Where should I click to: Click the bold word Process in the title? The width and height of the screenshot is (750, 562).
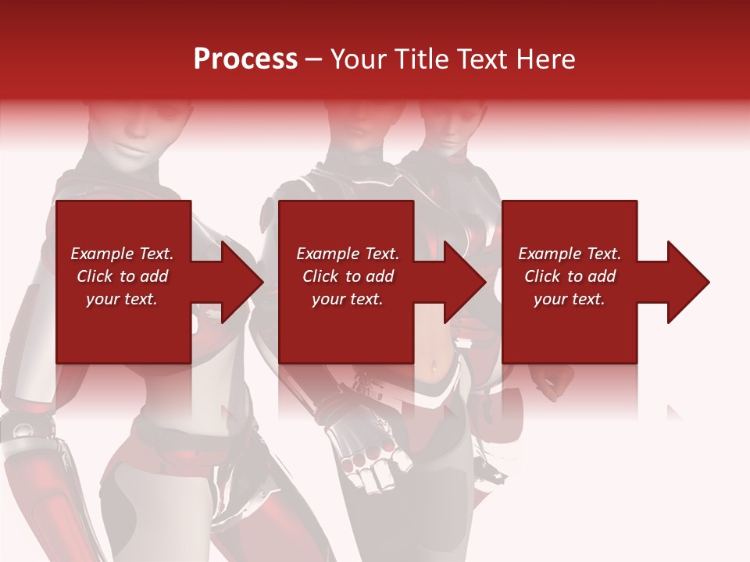(245, 59)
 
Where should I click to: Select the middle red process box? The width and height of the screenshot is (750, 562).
(346, 328)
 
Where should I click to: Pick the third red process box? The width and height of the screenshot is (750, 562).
(569, 328)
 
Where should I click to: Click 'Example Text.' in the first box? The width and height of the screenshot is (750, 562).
(122, 253)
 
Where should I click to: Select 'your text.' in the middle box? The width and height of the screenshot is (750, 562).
(347, 299)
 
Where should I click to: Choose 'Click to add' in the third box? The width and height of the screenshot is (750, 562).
(570, 276)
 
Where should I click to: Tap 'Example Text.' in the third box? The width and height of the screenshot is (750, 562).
(570, 253)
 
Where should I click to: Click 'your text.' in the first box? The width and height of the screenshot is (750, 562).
(122, 299)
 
